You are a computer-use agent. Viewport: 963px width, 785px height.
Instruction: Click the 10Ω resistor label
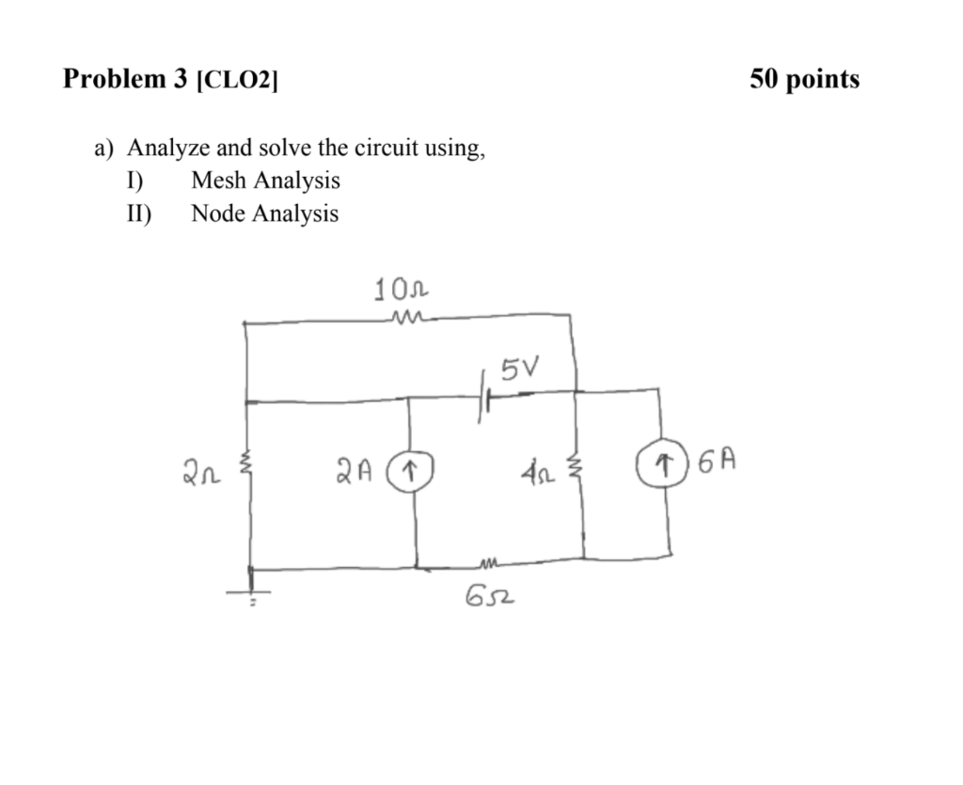coord(403,289)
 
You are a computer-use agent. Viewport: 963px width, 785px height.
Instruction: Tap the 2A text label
coord(357,465)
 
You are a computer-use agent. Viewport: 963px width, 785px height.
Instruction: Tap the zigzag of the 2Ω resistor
coord(248,463)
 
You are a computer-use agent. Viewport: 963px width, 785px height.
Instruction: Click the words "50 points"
coord(804,79)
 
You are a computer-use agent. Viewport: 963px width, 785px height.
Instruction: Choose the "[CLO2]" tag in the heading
coord(237,81)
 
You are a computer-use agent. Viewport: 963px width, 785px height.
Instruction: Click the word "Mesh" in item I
coord(216,180)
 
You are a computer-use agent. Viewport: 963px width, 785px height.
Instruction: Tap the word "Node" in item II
coord(216,213)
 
